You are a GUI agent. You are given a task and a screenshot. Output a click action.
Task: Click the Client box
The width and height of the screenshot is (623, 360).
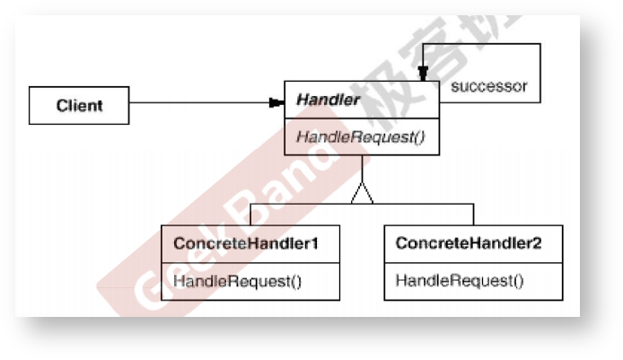[80, 105]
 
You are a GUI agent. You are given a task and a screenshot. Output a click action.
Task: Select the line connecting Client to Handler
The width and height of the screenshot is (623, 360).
[197, 102]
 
